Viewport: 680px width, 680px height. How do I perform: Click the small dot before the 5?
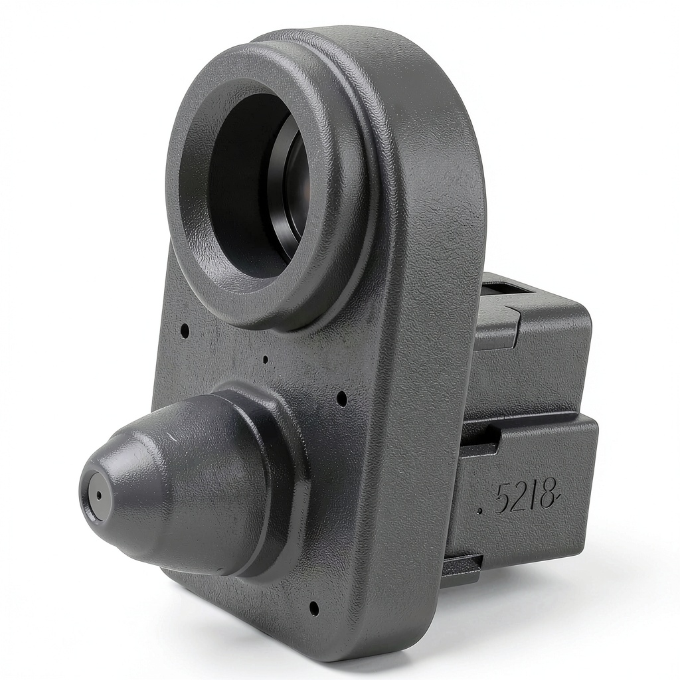[x=481, y=512]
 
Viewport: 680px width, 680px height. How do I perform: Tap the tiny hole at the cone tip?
[x=100, y=495]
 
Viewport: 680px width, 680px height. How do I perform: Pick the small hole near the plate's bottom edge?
[x=314, y=608]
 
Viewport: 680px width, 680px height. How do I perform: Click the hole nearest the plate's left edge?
[x=185, y=331]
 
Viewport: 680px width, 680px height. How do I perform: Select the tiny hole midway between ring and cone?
[x=266, y=359]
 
